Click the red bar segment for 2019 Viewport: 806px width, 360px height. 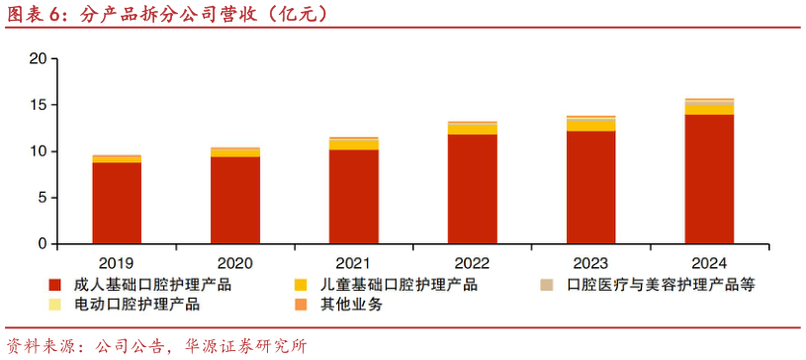pos(117,203)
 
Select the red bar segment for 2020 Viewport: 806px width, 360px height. pos(234,200)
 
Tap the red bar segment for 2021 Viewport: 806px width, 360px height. pos(353,196)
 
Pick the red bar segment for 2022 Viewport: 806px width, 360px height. pos(472,189)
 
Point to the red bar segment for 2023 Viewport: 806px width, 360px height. pos(590,187)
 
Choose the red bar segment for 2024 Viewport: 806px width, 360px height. pos(709,179)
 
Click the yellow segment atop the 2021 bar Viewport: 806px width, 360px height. pos(353,144)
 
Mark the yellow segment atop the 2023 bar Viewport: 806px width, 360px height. pos(590,126)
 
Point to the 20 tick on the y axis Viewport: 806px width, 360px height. pos(39,58)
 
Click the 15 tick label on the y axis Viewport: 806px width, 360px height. pos(39,105)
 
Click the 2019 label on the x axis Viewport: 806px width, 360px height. pos(117,263)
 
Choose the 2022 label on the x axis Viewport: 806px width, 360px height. pos(472,263)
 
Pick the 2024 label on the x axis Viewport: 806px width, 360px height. pos(709,263)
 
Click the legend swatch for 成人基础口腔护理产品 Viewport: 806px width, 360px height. pos(55,285)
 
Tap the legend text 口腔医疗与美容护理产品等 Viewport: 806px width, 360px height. pos(662,285)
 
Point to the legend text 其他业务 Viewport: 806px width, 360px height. pos(351,305)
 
